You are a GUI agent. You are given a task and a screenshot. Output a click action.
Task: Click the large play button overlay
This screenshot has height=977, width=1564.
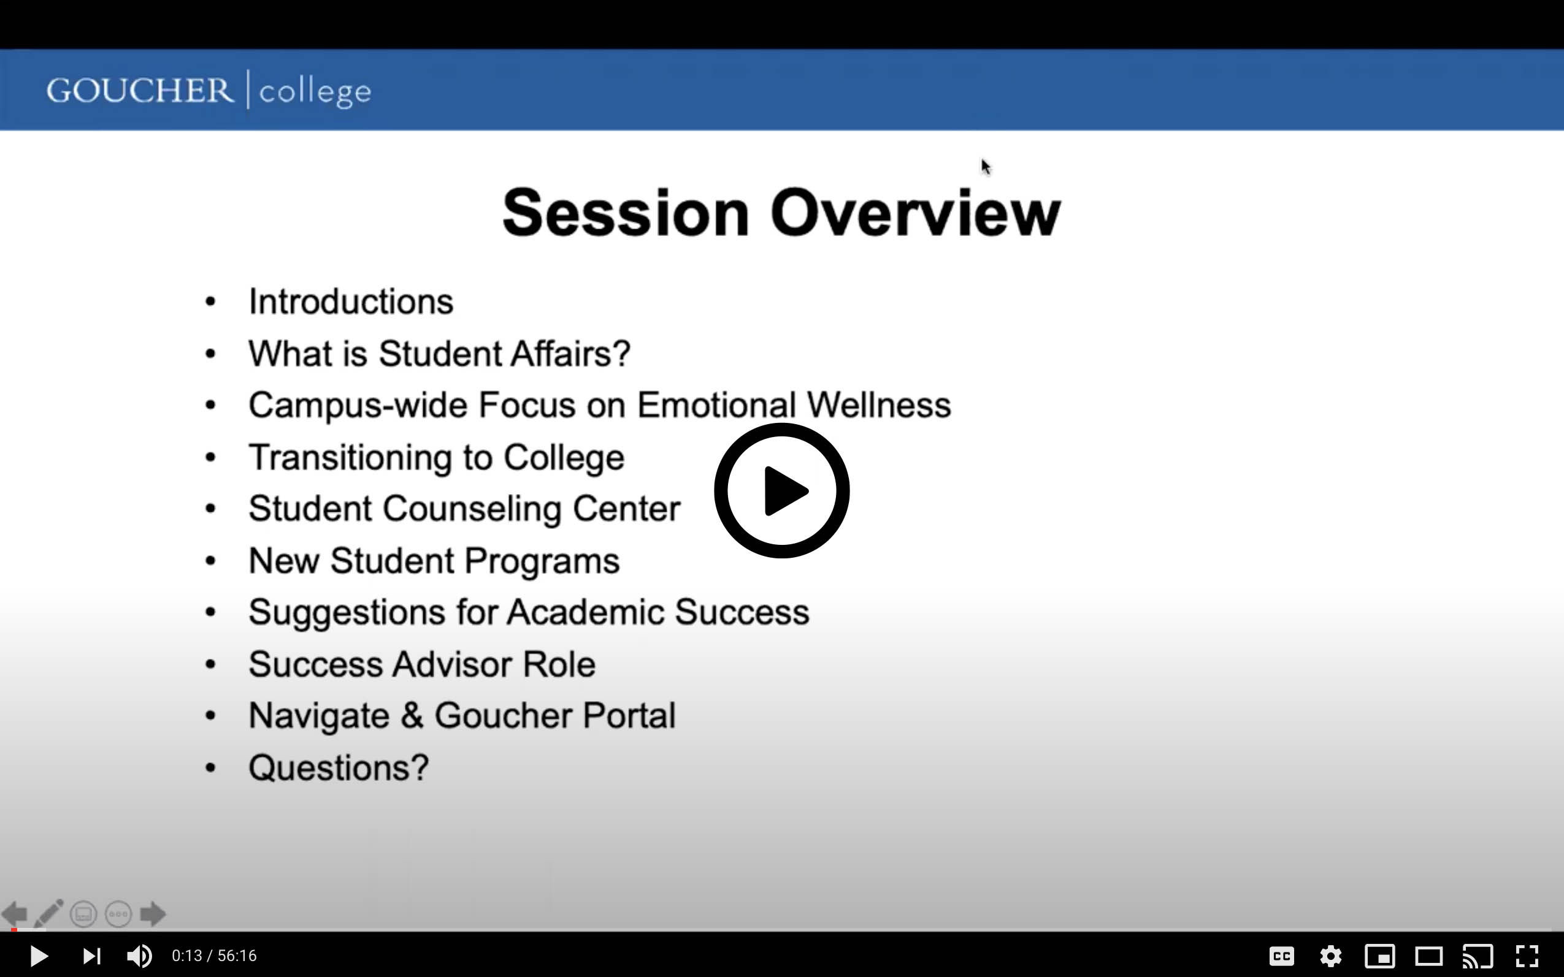(x=781, y=490)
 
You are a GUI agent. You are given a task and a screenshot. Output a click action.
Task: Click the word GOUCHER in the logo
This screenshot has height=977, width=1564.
(x=140, y=90)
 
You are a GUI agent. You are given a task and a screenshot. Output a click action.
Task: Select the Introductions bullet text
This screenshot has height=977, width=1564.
(x=351, y=301)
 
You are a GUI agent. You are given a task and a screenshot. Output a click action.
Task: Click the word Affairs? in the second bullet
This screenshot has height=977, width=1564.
(x=570, y=354)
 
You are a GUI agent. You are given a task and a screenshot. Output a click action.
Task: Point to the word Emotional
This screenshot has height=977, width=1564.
(x=716, y=405)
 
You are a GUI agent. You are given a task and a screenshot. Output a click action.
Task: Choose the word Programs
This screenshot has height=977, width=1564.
(x=542, y=561)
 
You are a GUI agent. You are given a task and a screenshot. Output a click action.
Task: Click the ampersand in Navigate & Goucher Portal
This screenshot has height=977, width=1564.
(x=412, y=716)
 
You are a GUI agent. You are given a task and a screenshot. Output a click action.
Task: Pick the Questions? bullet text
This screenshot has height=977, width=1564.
(x=339, y=767)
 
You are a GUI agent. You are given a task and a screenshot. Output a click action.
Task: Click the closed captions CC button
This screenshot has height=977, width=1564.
(x=1281, y=956)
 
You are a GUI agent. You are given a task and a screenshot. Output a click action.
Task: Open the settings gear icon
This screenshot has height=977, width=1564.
(x=1330, y=956)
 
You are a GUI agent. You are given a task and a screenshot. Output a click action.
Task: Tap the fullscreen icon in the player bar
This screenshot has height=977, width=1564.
(x=1527, y=956)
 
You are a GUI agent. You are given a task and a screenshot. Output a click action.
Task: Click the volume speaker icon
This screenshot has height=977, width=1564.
(x=139, y=956)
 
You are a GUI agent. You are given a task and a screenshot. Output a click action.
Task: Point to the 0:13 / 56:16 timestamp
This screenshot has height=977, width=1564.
(x=214, y=956)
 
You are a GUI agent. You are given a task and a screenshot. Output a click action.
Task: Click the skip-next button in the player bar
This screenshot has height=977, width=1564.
(x=92, y=956)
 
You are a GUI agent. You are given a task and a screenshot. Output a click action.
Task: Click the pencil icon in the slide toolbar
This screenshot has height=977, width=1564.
(x=49, y=913)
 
